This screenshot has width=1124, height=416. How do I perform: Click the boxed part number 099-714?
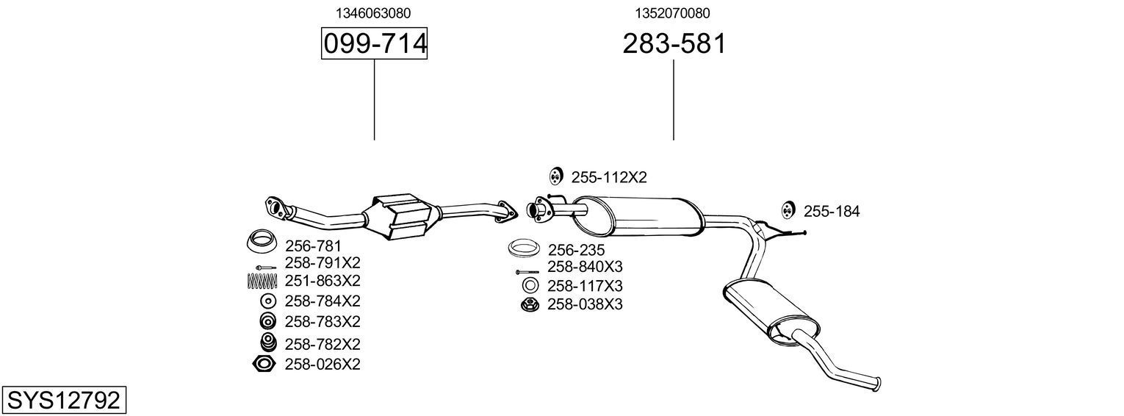[x=375, y=44]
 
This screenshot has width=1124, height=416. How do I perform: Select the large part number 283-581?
[x=674, y=44]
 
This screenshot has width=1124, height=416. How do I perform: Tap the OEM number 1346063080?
[x=373, y=13]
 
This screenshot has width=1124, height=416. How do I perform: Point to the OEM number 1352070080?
[x=673, y=13]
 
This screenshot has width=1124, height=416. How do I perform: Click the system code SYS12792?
[x=63, y=401]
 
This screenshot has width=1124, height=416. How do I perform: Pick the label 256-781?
[x=313, y=246]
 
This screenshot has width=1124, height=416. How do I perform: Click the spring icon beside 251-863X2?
[x=262, y=281]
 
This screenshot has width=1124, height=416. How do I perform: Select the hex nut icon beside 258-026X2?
[x=264, y=364]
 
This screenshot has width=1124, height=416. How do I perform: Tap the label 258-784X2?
[x=322, y=301]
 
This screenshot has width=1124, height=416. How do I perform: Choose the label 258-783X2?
[x=322, y=322]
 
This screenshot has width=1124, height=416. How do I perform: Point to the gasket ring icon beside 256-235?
[x=525, y=248]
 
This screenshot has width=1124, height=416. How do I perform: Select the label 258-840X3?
[x=585, y=267]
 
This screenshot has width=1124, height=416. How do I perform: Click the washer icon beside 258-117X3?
[x=529, y=286]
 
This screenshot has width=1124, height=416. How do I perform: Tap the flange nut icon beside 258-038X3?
[x=529, y=304]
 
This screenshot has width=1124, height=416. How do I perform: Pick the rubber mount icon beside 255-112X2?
[x=555, y=176]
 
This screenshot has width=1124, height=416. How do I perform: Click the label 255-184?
[x=831, y=212]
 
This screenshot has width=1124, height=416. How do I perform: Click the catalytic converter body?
[x=403, y=216]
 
